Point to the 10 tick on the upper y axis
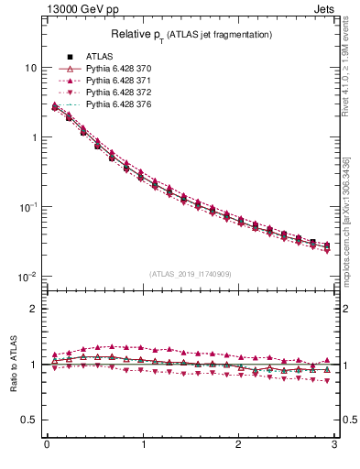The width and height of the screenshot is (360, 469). tap(31, 68)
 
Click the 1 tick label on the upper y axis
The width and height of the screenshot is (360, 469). tap(34, 137)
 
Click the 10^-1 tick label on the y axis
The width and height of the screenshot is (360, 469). tap(28, 207)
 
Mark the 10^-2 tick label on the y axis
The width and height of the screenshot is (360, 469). tap(28, 277)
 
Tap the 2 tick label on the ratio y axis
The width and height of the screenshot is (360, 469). tap(34, 309)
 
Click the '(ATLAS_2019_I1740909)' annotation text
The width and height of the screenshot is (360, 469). tap(191, 274)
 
